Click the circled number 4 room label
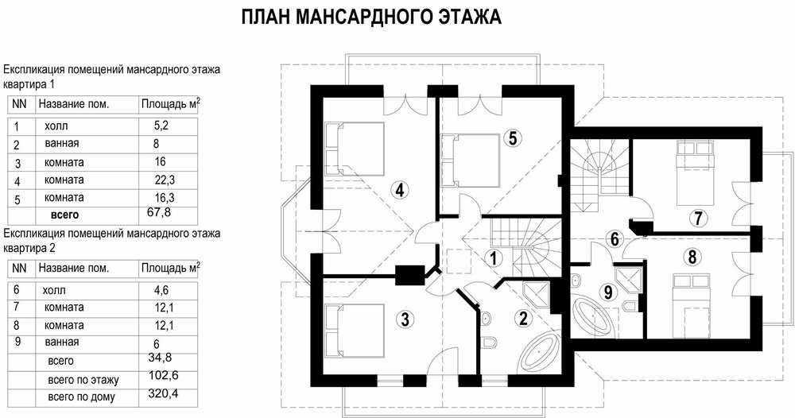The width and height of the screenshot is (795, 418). coord(400,191)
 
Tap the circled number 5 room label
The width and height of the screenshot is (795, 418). coord(513,137)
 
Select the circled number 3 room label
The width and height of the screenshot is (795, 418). coord(405,319)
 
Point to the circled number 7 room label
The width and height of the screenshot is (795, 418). coord(698,219)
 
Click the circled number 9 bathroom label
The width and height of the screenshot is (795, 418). coord(608,292)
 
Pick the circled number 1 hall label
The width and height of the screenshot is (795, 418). coord(493,258)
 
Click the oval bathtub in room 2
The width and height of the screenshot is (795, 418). coord(540,351)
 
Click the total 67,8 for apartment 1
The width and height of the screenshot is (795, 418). coord(159,211)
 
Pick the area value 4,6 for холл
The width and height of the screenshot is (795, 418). coord(161,290)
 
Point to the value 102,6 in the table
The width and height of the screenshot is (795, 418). coord(163,375)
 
